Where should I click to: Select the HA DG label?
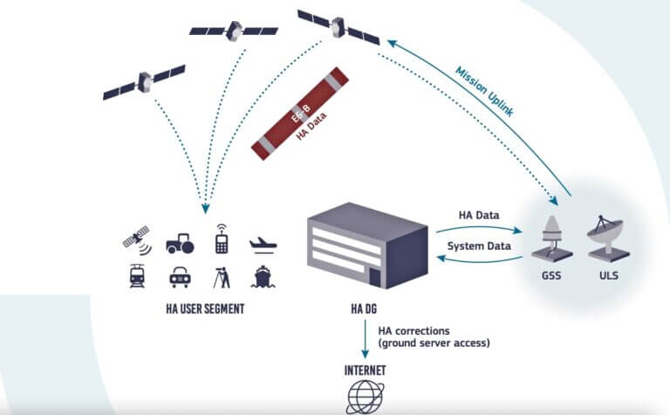point(359,308)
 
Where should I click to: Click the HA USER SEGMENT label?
point(204,308)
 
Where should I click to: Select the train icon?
point(138,276)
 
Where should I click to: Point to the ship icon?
point(262,277)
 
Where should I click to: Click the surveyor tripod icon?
point(222,276)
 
